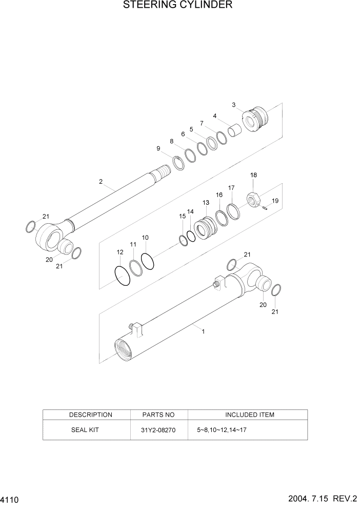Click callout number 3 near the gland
(234, 105)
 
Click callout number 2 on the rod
(101, 182)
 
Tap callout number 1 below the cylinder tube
(203, 331)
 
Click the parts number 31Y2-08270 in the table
(158, 430)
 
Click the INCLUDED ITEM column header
(250, 415)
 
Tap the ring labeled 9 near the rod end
(178, 164)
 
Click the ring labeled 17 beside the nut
(233, 211)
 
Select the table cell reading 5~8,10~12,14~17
(222, 430)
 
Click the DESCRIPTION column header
(91, 415)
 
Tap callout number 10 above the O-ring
(146, 238)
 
